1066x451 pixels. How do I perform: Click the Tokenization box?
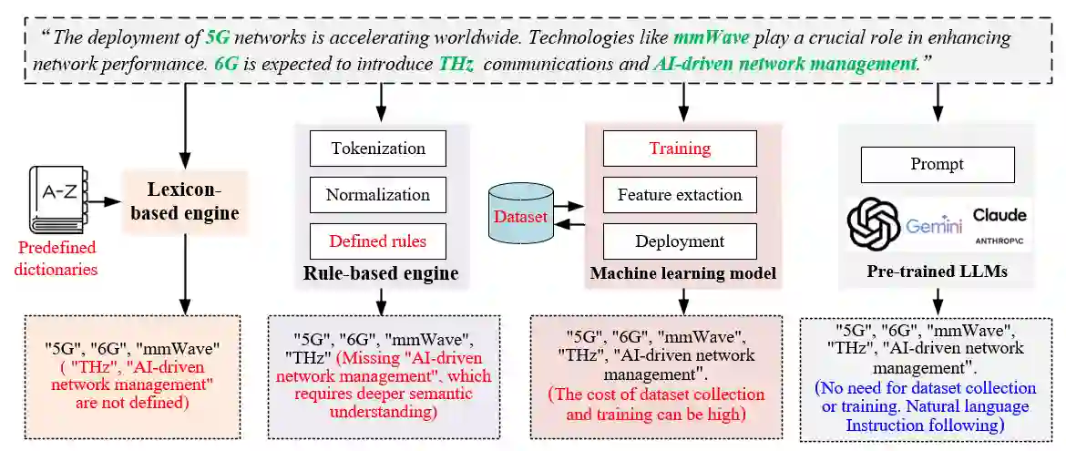[x=377, y=148]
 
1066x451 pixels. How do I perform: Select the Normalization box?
[x=377, y=195]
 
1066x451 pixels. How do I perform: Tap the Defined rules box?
[x=377, y=241]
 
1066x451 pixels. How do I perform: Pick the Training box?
[x=679, y=148]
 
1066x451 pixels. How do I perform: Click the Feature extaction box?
[x=679, y=195]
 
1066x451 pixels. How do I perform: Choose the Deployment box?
[x=679, y=241]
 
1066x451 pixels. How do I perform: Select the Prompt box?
[x=937, y=165]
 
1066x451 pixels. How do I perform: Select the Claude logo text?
[x=999, y=215]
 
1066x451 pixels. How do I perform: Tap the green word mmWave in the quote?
[x=711, y=38]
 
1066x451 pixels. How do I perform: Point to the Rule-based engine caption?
[x=381, y=274]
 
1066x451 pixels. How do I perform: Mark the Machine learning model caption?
[x=682, y=273]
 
